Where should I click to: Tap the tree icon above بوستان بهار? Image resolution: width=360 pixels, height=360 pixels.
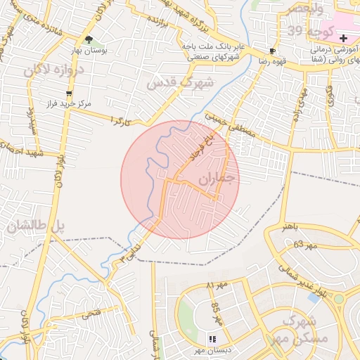click(x=89, y=40)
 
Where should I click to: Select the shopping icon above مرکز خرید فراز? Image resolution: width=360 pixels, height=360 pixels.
click(x=68, y=94)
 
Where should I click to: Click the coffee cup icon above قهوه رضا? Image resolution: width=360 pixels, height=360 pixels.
click(x=273, y=51)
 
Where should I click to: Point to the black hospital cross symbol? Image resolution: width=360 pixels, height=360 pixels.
click(x=342, y=37)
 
